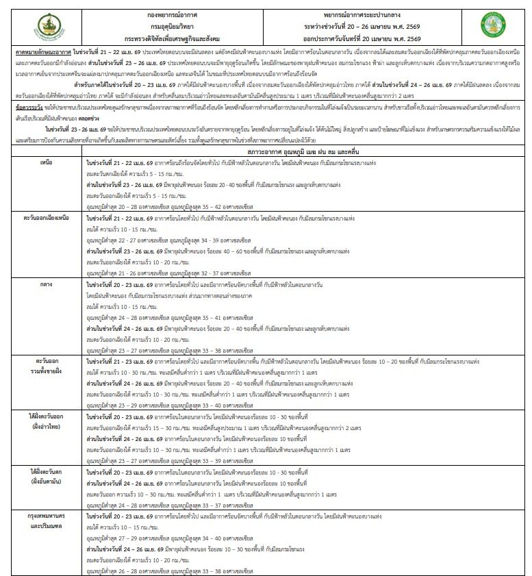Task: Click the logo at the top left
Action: click(x=53, y=26)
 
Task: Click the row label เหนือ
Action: click(x=49, y=163)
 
